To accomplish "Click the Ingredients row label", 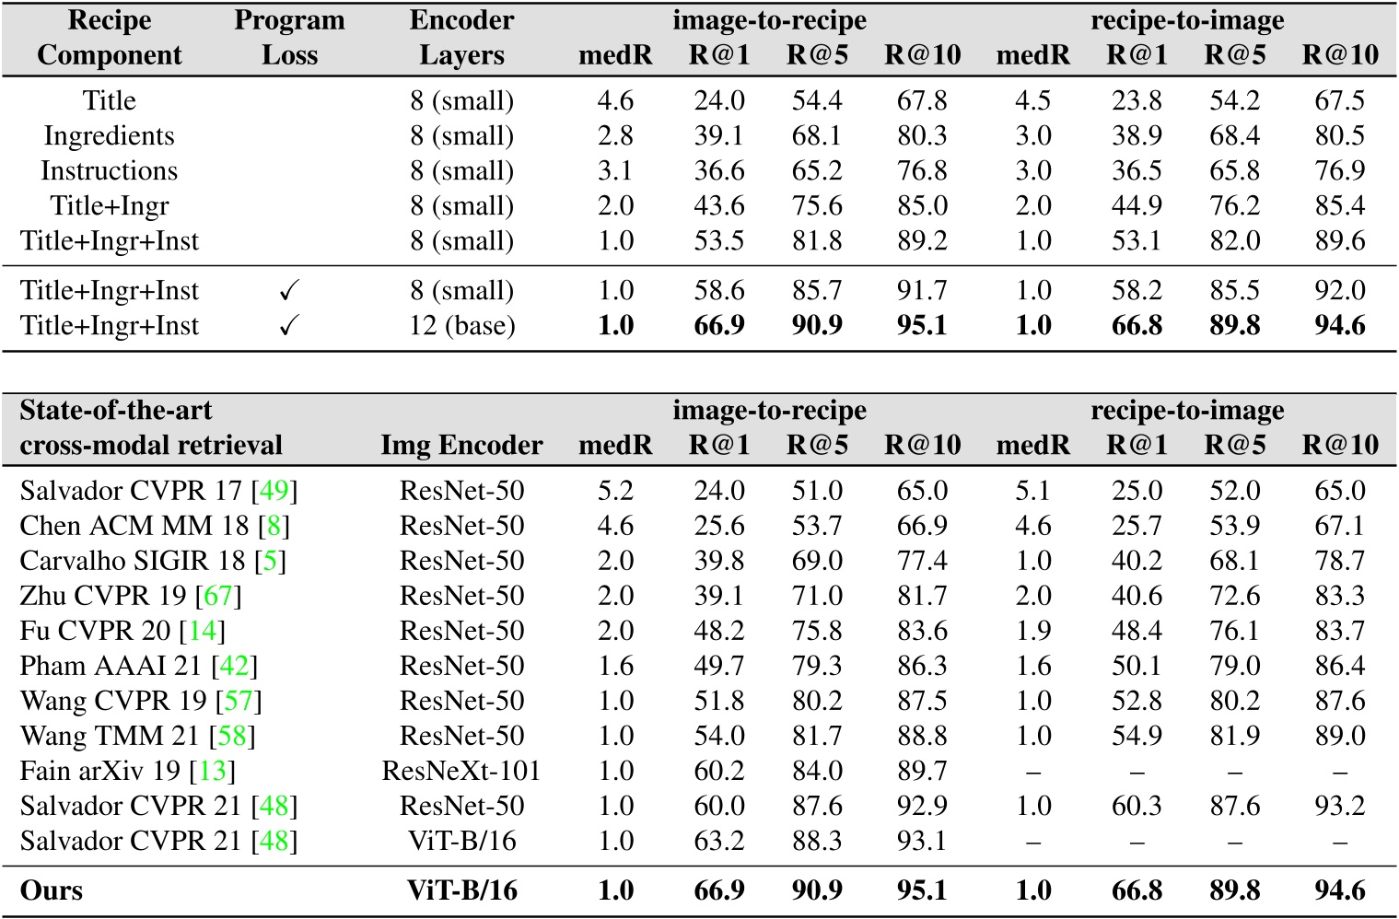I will pyautogui.click(x=109, y=136).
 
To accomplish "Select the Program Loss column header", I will pyautogui.click(x=289, y=38).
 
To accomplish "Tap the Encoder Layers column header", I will pyautogui.click(x=461, y=38).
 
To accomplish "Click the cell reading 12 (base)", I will pyautogui.click(x=461, y=326).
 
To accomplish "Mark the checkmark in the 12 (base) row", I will pyautogui.click(x=289, y=326).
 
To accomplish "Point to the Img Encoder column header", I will pyautogui.click(x=461, y=446).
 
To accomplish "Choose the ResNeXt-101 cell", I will pyautogui.click(x=461, y=771).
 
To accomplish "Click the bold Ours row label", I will pyautogui.click(x=52, y=891).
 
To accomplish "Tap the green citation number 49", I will pyautogui.click(x=274, y=491).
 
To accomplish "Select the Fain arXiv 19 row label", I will pyautogui.click(x=101, y=771).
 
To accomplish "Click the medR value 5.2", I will pyautogui.click(x=615, y=491).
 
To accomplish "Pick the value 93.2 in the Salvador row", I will pyautogui.click(x=1340, y=806).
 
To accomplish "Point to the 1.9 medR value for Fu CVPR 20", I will pyautogui.click(x=1032, y=631).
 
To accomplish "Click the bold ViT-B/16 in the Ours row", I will pyautogui.click(x=461, y=891).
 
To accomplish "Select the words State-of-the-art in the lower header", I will pyautogui.click(x=116, y=411).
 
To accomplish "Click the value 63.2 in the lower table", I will pyautogui.click(x=718, y=841).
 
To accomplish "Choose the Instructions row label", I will pyautogui.click(x=109, y=171).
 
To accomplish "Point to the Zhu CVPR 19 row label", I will pyautogui.click(x=103, y=596).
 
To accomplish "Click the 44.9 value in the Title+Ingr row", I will pyautogui.click(x=1137, y=206).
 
